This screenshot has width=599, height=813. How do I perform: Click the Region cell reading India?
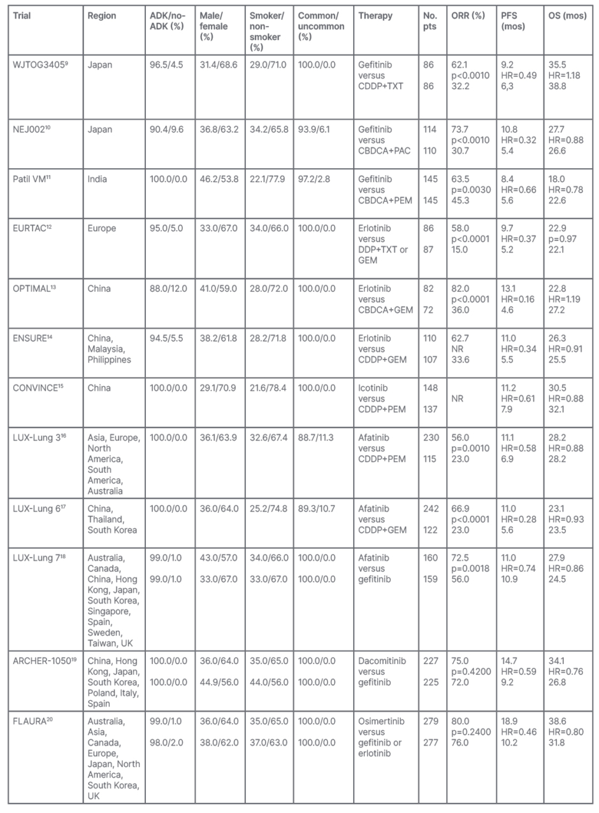[97, 179]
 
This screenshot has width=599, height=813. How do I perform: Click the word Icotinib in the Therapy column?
[375, 387]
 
